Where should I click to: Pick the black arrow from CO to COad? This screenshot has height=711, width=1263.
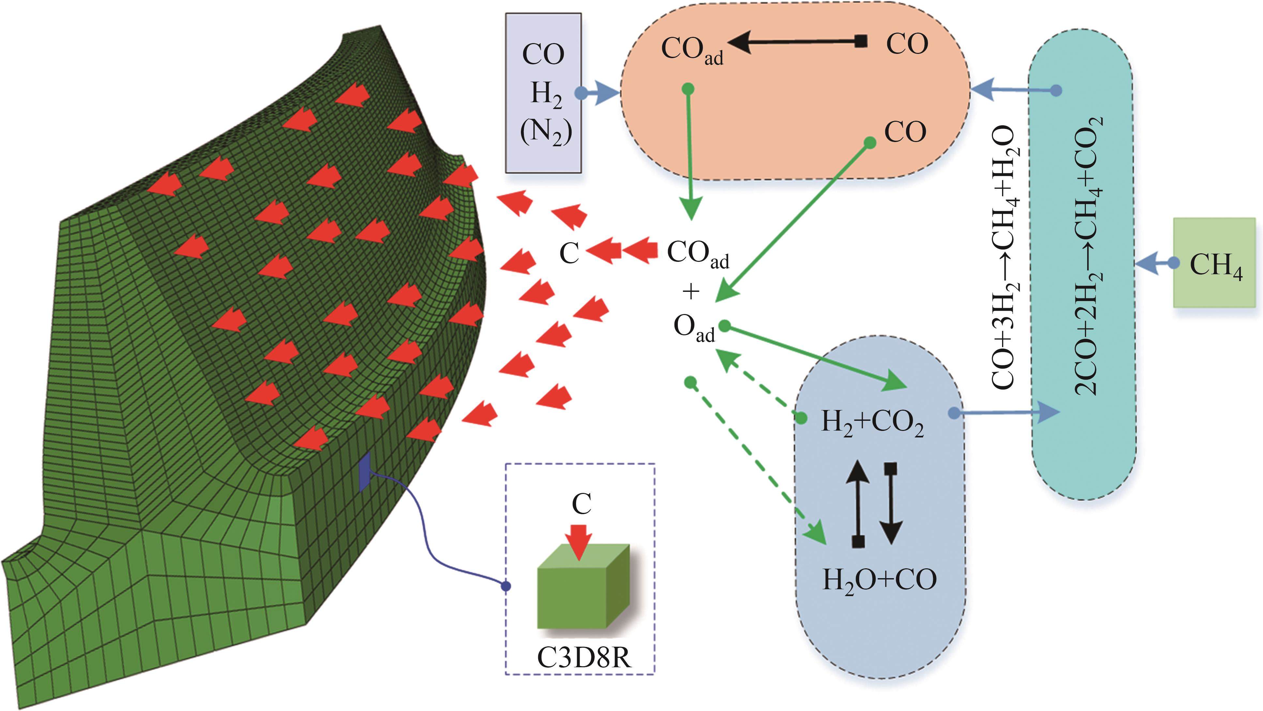point(799,43)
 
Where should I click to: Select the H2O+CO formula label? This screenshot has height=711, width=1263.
point(879,580)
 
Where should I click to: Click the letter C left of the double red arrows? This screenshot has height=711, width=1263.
point(569,254)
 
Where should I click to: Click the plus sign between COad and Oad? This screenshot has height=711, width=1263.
point(691,292)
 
